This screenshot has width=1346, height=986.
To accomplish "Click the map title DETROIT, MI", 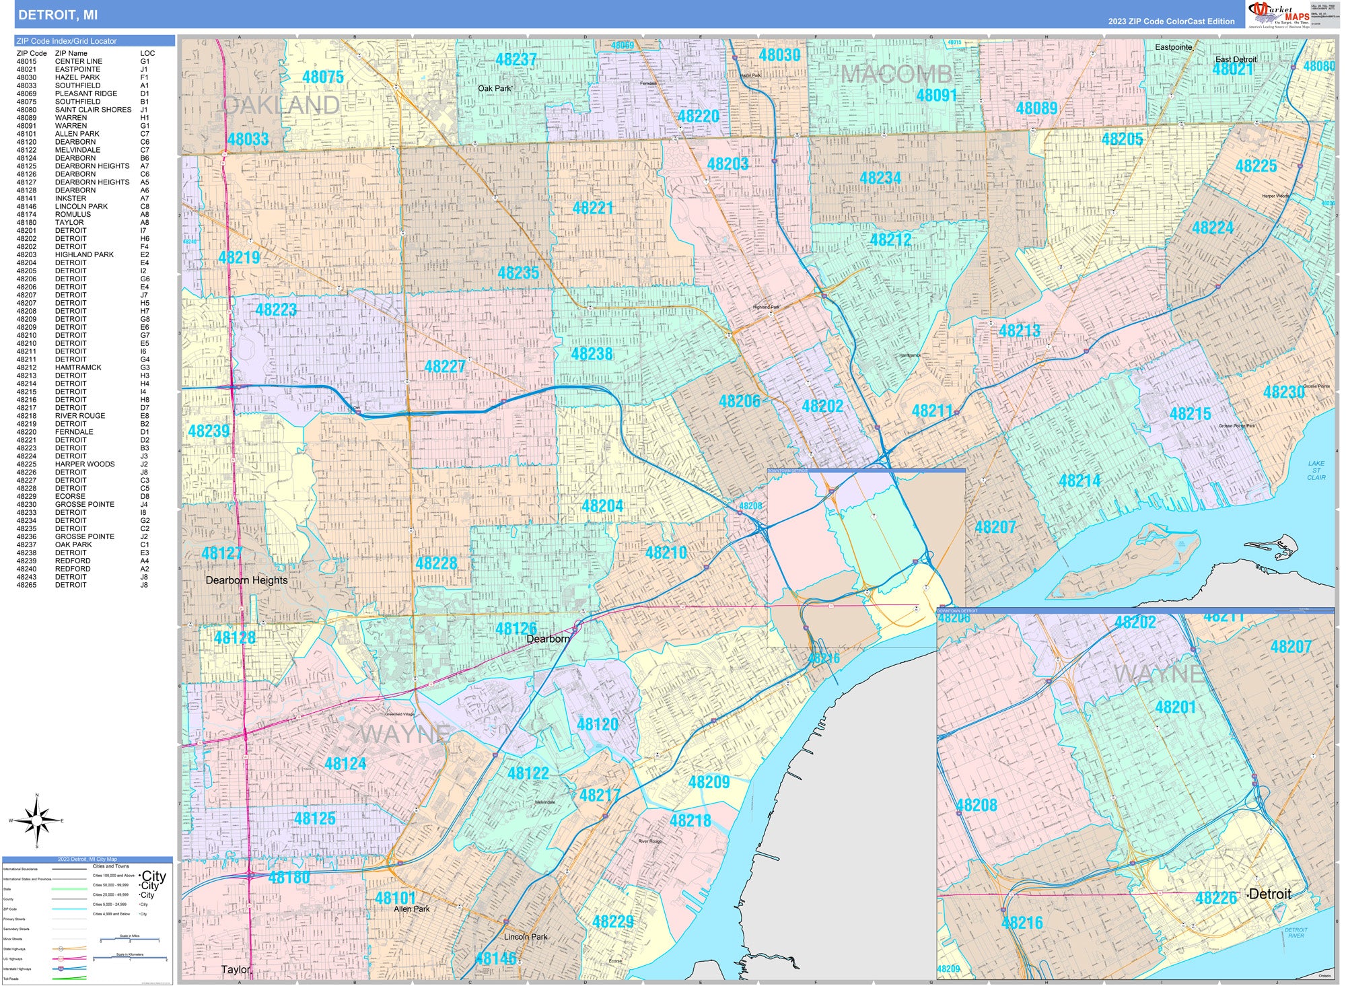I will [58, 15].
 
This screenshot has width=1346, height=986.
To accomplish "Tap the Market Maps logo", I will [1279, 14].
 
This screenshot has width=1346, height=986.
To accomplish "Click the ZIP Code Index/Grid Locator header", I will [67, 41].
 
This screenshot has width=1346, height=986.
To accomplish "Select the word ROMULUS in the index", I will [73, 215].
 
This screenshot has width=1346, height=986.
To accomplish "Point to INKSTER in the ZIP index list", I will [71, 199].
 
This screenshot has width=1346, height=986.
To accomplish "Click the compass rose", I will [37, 820].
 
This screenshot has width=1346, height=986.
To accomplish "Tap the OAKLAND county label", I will [281, 105].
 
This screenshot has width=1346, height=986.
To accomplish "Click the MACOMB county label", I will [896, 74].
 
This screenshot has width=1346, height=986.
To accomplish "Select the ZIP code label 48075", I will [323, 77].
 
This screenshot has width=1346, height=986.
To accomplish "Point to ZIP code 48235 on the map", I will [518, 273].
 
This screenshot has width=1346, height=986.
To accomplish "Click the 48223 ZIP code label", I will [276, 310].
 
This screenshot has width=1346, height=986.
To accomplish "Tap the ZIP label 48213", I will [1019, 330].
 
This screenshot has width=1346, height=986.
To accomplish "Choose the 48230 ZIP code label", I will [1283, 392].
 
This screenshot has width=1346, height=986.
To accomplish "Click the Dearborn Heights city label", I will [246, 580].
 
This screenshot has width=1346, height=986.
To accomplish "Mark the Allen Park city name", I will [411, 909].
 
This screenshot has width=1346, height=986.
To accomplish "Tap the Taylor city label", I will [236, 970].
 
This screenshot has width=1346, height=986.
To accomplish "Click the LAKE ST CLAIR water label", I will [1316, 470].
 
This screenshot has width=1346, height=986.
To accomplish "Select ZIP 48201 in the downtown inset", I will [1175, 707].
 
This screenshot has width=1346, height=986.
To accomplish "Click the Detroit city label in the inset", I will [1269, 894].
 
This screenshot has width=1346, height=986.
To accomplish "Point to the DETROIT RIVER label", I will [1296, 932].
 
